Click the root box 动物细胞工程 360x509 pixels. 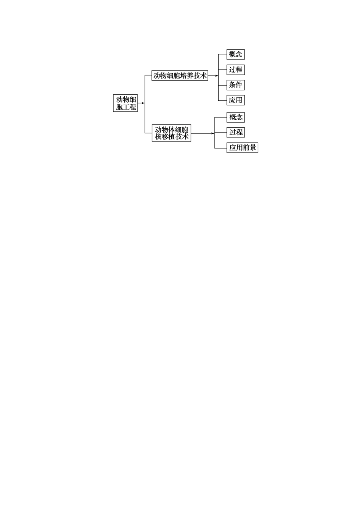[x=126, y=103]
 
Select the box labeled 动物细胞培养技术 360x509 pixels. [x=180, y=75]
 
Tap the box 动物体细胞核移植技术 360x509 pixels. [x=171, y=133]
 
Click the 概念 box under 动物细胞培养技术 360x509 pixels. [x=235, y=54]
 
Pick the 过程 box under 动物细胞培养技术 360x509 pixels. [x=235, y=70]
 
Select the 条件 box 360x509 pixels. [x=235, y=85]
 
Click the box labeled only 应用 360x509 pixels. [x=235, y=100]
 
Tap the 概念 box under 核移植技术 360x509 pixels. [x=235, y=117]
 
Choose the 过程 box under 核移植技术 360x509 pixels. [x=235, y=132]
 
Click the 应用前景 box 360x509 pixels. [x=242, y=148]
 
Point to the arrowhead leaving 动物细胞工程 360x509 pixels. [x=143, y=103]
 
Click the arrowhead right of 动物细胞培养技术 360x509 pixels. [x=216, y=76]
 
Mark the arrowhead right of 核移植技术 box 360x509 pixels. [x=212, y=133]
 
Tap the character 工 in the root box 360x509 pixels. [x=126, y=107]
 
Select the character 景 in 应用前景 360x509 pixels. [x=253, y=148]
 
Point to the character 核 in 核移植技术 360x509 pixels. [x=158, y=137]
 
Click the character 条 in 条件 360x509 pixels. [x=232, y=85]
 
